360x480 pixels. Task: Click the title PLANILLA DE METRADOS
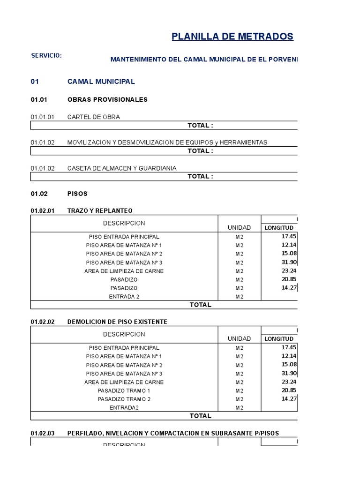pos(232,37)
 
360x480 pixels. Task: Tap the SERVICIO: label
pos(46,56)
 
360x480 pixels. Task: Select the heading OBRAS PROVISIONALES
pos(107,99)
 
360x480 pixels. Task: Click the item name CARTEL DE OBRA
pos(94,117)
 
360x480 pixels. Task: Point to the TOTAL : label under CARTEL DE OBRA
pos(200,126)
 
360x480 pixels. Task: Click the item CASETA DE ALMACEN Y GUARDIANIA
pos(122,168)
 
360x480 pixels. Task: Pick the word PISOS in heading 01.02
pos(77,194)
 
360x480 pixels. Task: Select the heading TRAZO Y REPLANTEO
pos(100,211)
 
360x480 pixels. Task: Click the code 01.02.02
pos(43,322)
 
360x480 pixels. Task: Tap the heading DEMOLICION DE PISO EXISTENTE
pos(117,322)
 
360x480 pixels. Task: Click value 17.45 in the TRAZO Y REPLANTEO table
pos(289,237)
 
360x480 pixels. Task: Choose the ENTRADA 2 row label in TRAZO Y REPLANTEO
pos(124,297)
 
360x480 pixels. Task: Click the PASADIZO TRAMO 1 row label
pos(124,391)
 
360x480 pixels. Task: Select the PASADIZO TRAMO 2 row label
pos(124,399)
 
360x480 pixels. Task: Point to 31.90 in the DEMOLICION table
pos(289,374)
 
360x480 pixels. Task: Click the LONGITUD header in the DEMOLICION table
pos(279,339)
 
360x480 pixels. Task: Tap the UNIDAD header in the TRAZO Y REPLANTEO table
pos(239,228)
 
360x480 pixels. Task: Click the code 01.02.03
pos(43,434)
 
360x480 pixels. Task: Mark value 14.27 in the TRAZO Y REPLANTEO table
pos(289,288)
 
